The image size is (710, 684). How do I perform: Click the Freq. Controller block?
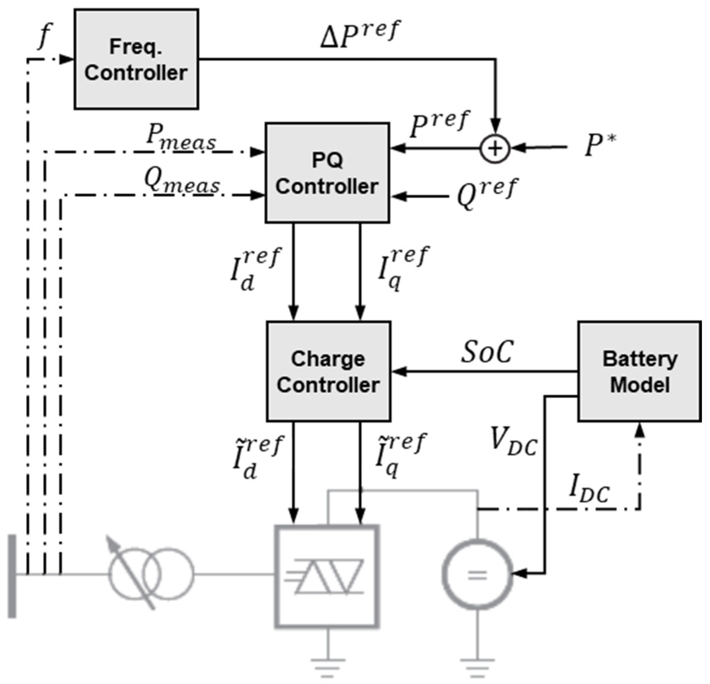pos(136,59)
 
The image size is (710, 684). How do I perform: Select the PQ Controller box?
pos(327,173)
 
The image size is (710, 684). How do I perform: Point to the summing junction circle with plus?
pos(495,148)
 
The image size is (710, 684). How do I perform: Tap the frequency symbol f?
pos(45,36)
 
